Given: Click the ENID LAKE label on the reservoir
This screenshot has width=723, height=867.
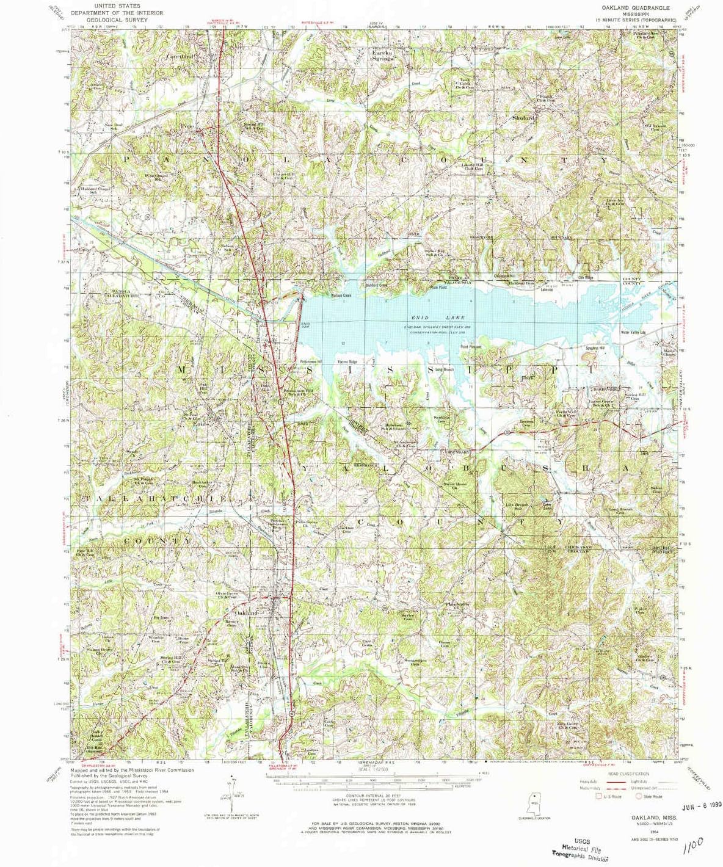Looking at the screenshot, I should click(438, 317).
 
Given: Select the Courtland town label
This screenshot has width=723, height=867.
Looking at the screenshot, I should click(180, 56).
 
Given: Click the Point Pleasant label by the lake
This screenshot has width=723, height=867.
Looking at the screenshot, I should click(471, 347).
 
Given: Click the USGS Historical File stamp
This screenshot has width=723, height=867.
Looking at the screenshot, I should click(576, 846).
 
